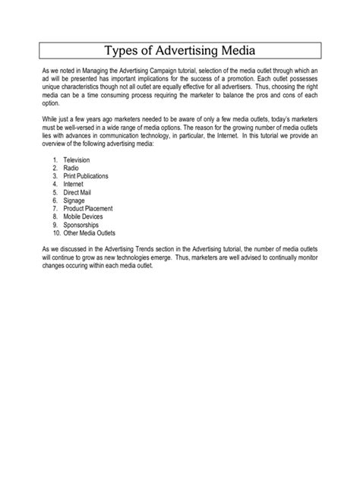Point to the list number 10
(55, 232)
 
